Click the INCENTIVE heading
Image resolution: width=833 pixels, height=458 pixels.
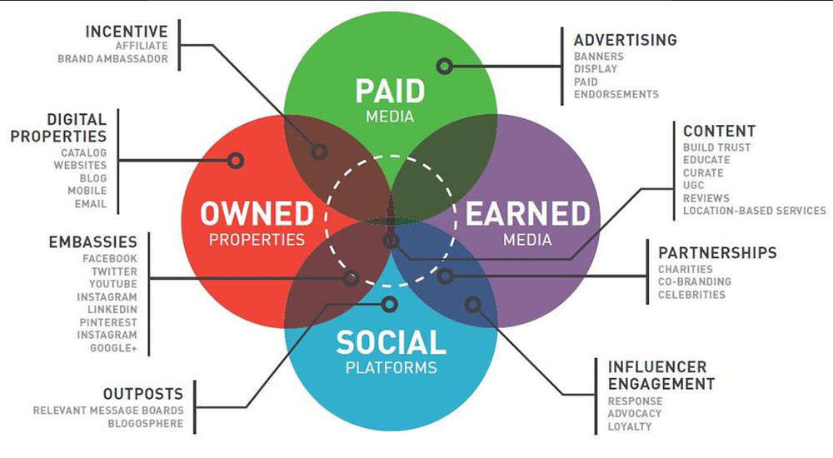[127, 32]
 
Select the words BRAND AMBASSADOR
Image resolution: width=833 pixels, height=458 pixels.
[112, 59]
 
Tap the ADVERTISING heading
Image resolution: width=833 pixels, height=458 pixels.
[626, 40]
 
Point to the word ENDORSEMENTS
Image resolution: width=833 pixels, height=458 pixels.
[616, 95]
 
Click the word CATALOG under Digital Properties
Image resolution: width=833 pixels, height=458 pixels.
[83, 153]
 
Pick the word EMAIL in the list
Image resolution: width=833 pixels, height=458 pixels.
[90, 204]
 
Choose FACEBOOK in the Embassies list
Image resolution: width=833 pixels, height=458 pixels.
[110, 259]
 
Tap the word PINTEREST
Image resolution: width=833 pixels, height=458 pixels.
[108, 322]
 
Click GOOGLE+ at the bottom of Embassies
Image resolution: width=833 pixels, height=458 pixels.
[113, 348]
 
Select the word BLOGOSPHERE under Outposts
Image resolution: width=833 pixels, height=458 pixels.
[146, 424]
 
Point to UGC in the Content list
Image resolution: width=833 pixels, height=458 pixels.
[693, 186]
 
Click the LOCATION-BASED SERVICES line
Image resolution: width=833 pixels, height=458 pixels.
[755, 211]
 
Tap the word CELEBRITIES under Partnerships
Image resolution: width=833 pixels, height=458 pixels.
[691, 295]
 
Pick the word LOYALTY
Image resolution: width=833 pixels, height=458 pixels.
[630, 426]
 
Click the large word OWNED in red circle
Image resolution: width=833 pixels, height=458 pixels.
[257, 213]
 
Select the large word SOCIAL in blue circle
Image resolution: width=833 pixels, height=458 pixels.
[391, 343]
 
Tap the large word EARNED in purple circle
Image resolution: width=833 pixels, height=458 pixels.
[528, 213]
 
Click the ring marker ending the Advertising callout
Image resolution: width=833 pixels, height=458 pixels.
[445, 67]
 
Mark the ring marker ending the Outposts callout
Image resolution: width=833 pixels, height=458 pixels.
[389, 305]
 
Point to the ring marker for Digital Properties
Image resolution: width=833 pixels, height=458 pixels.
[236, 161]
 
